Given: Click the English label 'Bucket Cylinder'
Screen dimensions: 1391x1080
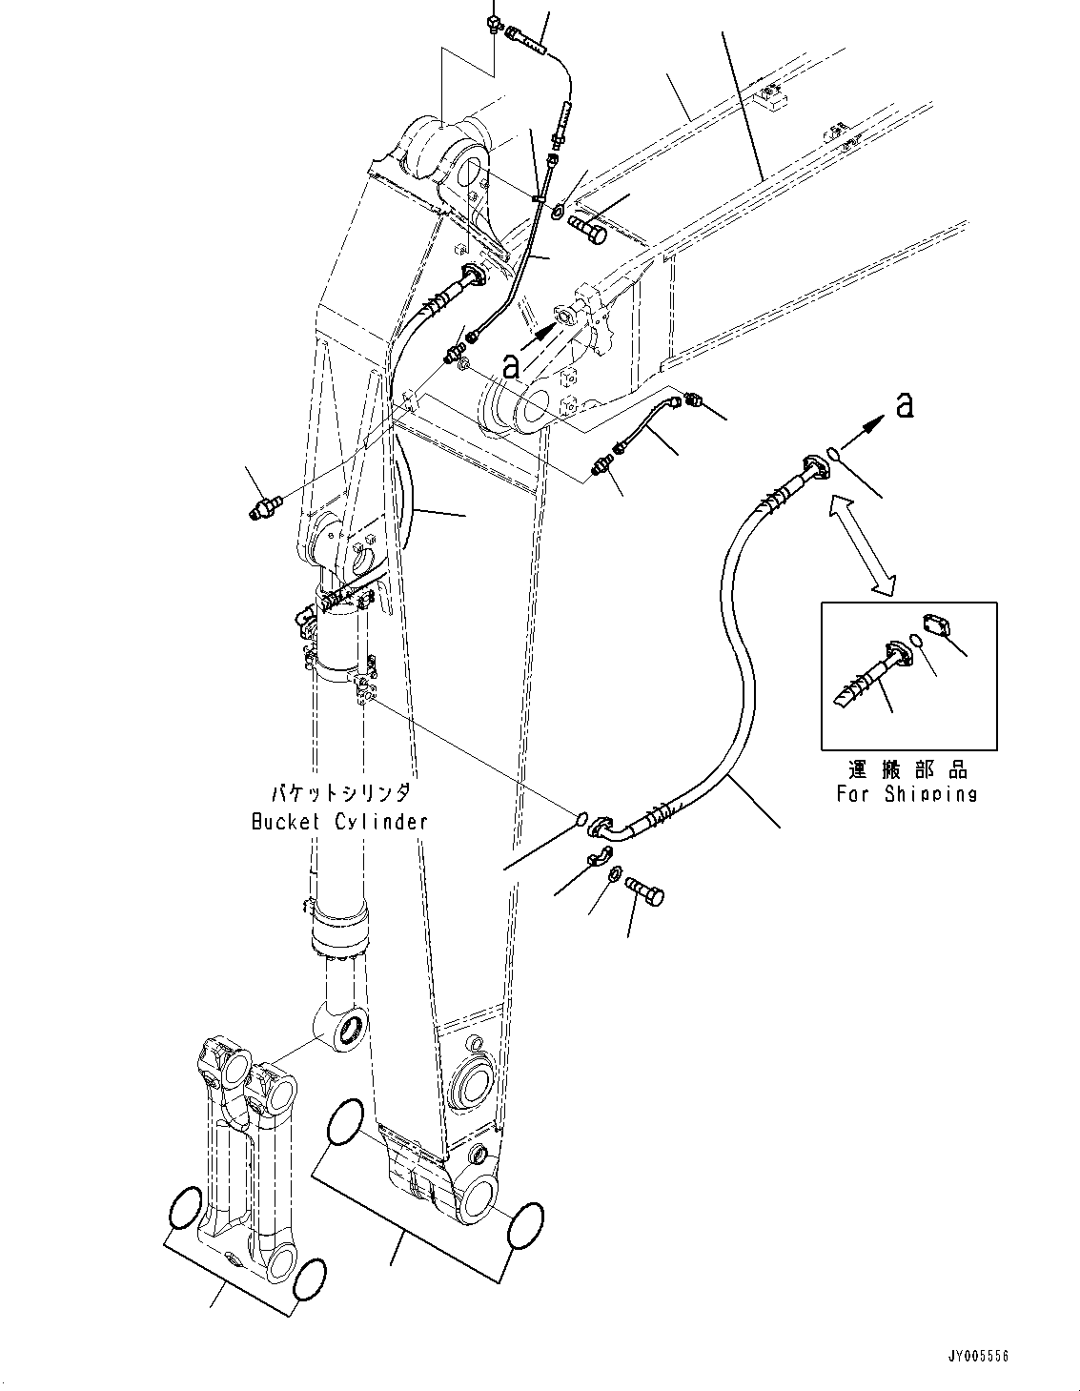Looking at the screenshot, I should [x=339, y=822].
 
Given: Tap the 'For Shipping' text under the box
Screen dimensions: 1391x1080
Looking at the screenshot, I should [x=906, y=793].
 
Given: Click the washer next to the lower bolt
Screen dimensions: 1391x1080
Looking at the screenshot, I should [x=615, y=872].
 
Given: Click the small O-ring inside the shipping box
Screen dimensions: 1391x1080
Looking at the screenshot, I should [x=916, y=642].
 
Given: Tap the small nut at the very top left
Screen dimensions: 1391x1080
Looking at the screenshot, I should [x=494, y=23].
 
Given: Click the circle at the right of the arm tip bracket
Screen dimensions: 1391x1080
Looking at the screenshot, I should [x=526, y=1224].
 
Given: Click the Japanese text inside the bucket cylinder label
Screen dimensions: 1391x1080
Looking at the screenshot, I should [x=339, y=792].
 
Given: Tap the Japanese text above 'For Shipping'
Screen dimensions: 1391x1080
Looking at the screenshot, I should [x=906, y=769].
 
